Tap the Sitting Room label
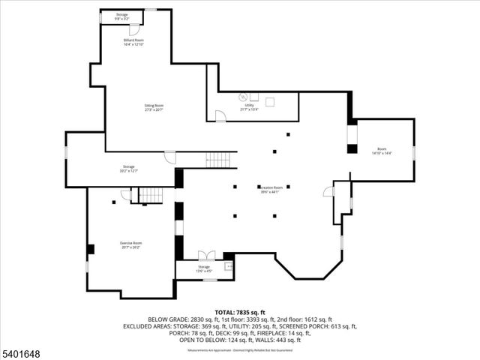point(154,107)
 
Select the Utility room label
point(249,107)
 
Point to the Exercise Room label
point(131,244)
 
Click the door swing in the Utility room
point(220,115)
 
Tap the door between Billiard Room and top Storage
point(133,29)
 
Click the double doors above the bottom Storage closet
point(205,256)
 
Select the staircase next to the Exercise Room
point(151,195)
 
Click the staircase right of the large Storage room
point(218,159)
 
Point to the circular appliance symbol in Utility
point(242,97)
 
